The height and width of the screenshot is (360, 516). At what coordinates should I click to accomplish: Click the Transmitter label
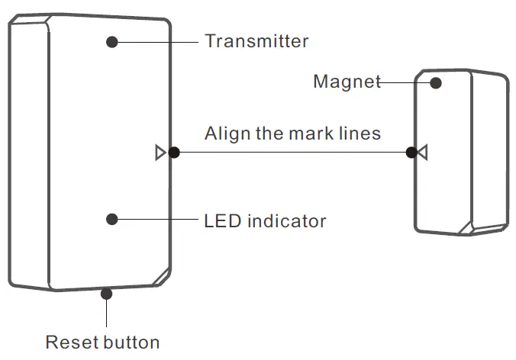256,41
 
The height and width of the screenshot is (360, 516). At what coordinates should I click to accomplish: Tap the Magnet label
347,82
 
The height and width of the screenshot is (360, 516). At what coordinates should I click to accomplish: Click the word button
131,342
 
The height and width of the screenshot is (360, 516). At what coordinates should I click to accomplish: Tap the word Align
224,133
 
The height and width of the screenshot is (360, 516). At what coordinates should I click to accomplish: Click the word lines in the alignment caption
360,133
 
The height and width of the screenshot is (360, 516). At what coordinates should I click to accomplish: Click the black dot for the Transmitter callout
112,41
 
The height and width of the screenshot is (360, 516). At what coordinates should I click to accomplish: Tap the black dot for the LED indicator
112,219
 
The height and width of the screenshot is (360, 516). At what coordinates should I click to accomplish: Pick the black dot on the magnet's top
437,82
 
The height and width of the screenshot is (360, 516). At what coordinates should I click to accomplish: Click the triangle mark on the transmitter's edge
160,153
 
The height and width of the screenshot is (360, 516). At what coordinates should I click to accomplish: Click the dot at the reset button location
106,291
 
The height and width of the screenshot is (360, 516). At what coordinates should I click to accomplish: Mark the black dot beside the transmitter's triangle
174,153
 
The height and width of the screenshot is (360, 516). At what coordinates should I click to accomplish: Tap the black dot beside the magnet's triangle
411,153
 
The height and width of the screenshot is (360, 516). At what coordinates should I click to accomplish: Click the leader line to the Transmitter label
156,41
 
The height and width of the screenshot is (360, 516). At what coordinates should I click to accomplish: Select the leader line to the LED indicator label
156,219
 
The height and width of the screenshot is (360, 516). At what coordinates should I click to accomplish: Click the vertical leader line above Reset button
106,313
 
